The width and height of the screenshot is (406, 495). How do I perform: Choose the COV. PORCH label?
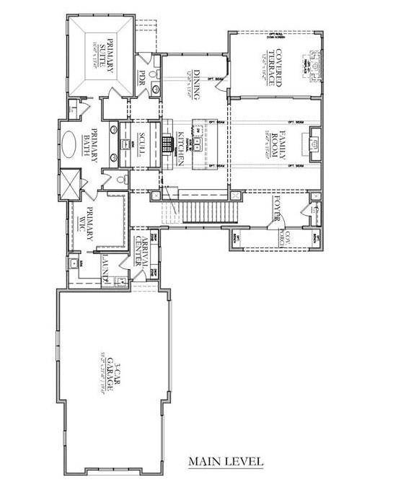click(275, 238)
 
